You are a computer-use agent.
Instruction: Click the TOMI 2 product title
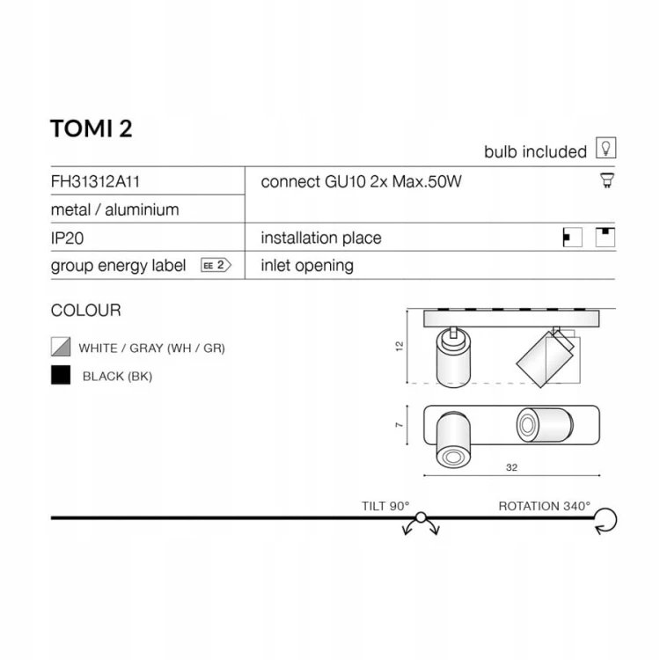pos(92,128)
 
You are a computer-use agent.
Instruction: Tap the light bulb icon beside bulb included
pos(605,148)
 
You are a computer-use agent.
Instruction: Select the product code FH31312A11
pos(95,181)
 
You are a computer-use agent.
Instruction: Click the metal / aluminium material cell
pos(115,209)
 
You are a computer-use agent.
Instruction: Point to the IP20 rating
pos(68,238)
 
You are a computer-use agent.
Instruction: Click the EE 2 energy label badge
pos(216,266)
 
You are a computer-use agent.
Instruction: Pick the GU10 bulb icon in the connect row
pos(607,180)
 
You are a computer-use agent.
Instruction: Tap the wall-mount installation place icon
pos(573,238)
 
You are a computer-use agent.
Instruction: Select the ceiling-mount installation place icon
pos(605,237)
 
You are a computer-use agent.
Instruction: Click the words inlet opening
pos(307,266)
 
